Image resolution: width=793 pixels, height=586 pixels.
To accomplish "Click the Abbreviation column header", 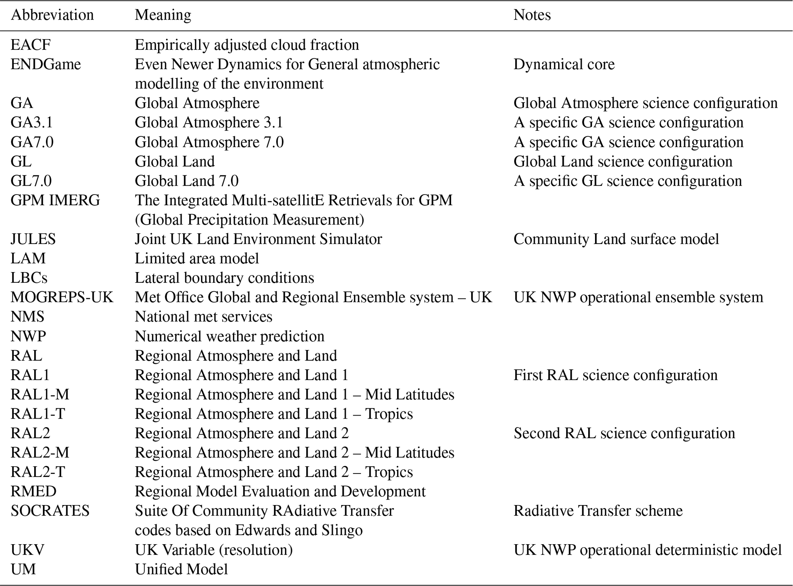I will [52, 15].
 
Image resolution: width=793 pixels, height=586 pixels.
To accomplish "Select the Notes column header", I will [532, 15].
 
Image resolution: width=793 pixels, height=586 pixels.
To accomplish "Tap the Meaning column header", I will [163, 15].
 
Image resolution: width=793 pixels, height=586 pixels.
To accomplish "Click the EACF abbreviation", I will [31, 45].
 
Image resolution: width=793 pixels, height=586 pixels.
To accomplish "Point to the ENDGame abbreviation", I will [46, 64].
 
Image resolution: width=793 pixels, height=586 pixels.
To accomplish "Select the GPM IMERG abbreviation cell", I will [55, 200].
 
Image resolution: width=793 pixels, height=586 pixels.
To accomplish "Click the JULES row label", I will [33, 239].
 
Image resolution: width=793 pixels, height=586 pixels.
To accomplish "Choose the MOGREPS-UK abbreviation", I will [62, 297].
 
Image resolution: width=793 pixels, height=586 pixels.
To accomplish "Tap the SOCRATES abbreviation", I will [50, 511].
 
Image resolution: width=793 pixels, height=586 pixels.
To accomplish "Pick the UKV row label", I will [27, 550].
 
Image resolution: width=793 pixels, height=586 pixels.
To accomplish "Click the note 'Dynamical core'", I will [564, 64].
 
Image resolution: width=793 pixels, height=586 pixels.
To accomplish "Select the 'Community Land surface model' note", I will [616, 239].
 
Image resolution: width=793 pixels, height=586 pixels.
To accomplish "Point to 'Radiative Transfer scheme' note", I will [598, 511].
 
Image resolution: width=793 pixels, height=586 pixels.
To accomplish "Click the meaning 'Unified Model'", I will [181, 569].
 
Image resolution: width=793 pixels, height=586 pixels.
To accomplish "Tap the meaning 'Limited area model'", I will [196, 259].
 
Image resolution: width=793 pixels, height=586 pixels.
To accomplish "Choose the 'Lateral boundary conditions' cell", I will [224, 278].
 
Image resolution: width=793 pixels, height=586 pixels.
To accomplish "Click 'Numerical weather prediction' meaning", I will [229, 337].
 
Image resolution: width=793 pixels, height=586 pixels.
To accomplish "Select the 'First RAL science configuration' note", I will [615, 375].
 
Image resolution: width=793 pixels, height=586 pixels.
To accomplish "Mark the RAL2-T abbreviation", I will [38, 472].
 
